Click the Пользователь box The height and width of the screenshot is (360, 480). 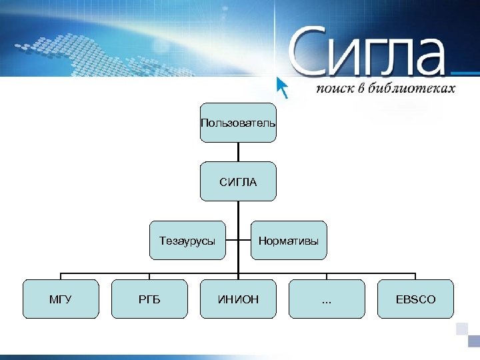click(238, 123)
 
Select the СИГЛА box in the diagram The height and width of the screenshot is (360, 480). click(238, 181)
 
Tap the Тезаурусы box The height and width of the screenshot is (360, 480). click(187, 240)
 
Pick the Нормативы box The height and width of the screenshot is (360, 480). click(289, 240)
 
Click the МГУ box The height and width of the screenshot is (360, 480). click(61, 299)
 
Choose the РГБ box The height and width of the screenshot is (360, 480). click(149, 299)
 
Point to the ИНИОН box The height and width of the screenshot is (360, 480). click(238, 299)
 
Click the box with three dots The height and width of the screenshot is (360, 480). click(327, 299)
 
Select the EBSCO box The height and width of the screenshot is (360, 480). click(415, 299)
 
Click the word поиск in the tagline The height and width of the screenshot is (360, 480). click(334, 89)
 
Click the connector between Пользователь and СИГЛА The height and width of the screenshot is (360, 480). click(238, 151)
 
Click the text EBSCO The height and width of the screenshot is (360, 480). click(415, 299)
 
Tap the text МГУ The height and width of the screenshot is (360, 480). click(61, 299)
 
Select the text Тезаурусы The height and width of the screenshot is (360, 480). click(187, 241)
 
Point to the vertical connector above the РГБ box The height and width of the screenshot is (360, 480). click(149, 276)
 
